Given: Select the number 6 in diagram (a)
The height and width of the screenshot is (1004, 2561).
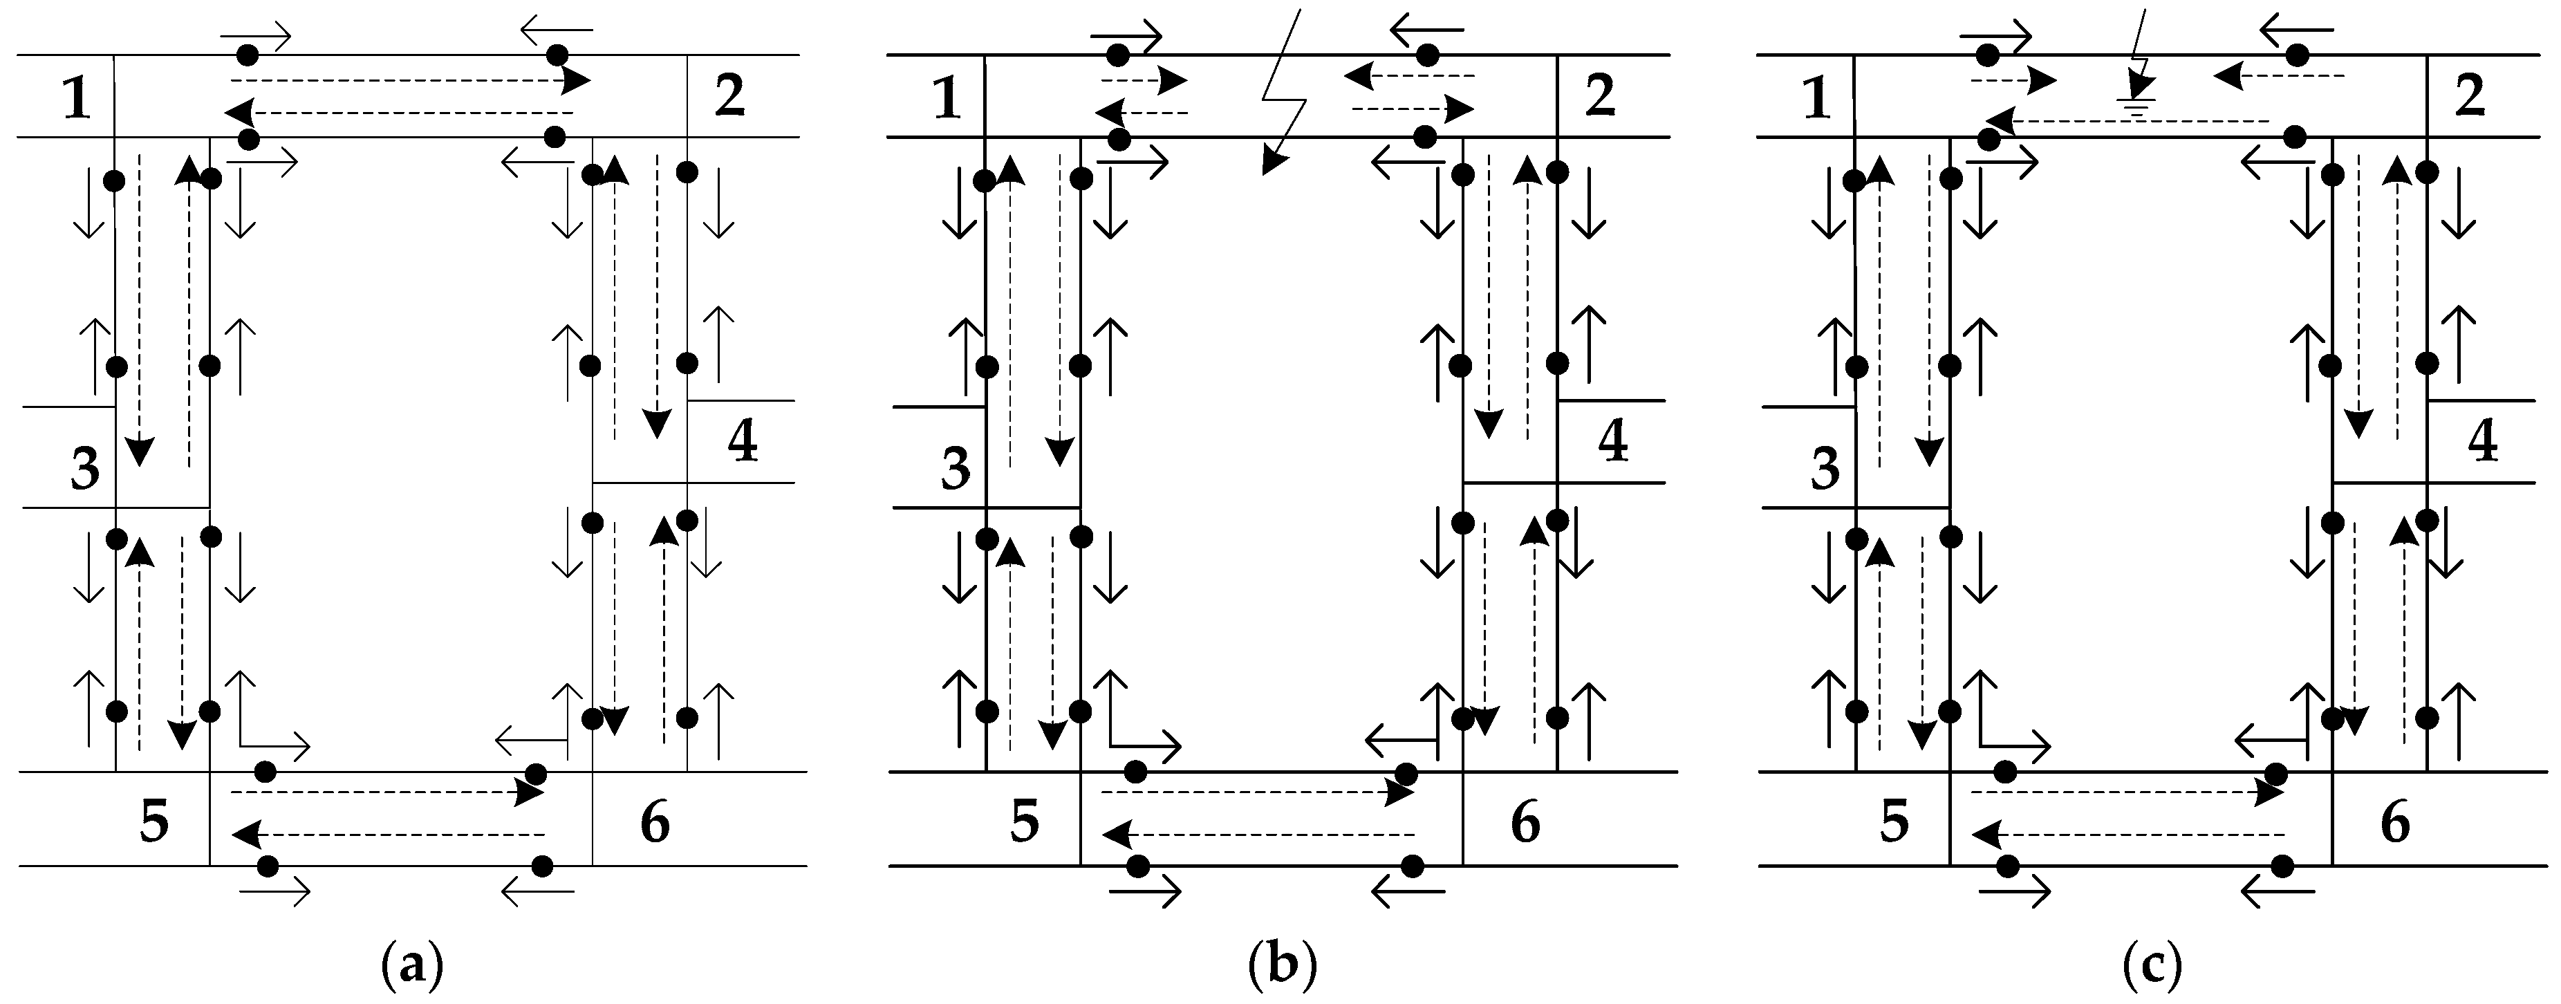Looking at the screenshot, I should point(653,823).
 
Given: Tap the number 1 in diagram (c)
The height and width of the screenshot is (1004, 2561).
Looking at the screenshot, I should point(1816,100).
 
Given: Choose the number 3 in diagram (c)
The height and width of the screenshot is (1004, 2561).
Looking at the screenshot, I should point(1825,470).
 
